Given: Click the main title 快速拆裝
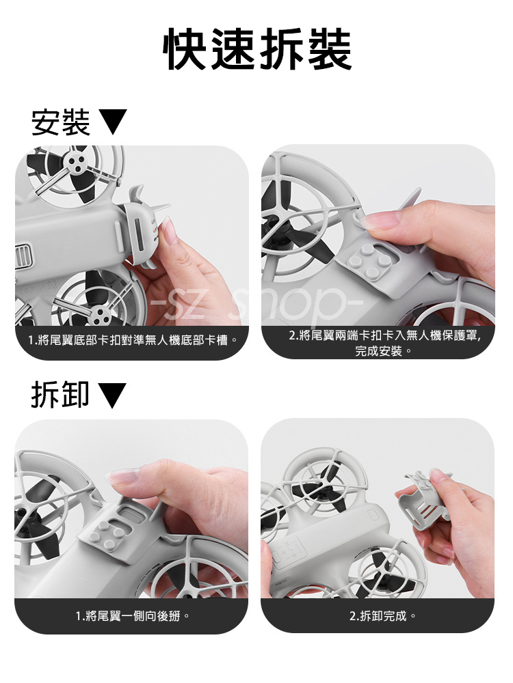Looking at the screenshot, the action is [x=257, y=48].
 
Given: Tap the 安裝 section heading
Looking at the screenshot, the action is [x=61, y=122].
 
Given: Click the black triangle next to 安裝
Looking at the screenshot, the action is [x=113, y=122].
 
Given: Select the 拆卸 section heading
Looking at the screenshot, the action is [x=60, y=395].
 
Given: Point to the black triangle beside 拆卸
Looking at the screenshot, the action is [x=112, y=395].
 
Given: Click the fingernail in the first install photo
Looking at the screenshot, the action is [x=169, y=229].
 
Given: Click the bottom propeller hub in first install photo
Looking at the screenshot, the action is [x=101, y=313].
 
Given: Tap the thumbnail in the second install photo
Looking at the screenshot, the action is [x=380, y=220].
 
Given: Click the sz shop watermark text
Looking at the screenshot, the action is [x=256, y=303].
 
